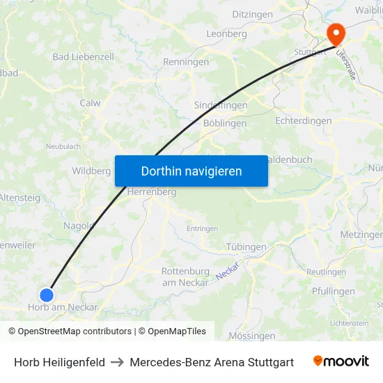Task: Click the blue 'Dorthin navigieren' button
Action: coord(191,171)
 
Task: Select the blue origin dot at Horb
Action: coord(47,295)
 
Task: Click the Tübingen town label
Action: coord(247,247)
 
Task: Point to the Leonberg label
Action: coord(226,33)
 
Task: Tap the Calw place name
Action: coord(91,103)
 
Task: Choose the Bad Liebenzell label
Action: coord(83,56)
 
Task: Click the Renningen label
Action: coord(186,62)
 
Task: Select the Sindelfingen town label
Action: coord(220,105)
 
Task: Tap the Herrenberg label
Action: coord(152,191)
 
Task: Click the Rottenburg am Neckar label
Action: coord(185,276)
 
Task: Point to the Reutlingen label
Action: coord(326,272)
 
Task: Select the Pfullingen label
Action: coord(334,291)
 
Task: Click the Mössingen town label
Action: coord(252,336)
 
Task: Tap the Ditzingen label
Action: coord(252,14)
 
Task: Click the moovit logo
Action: coord(341,361)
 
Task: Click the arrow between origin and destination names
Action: coord(117,362)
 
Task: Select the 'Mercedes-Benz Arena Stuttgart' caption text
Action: coord(212,362)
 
